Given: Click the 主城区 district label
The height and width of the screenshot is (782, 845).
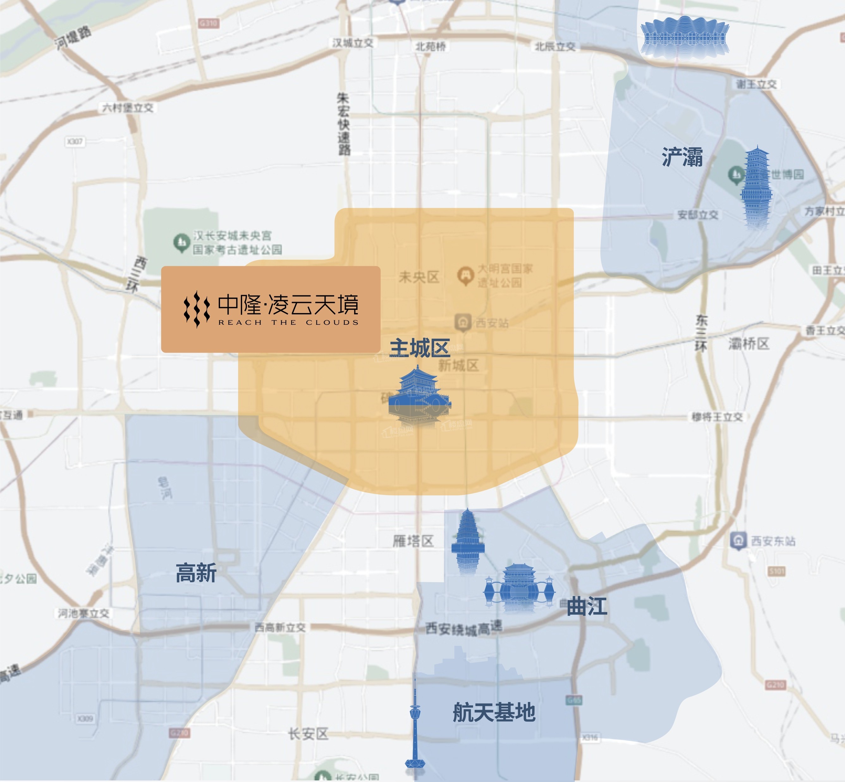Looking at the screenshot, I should (419, 348).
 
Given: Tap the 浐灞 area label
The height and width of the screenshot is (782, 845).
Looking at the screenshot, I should (682, 157).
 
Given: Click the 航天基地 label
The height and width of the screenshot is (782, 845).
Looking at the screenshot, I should (494, 712).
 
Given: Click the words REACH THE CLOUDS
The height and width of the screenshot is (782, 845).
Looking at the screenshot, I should (288, 323).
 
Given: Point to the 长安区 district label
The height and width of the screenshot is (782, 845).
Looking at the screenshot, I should (308, 734).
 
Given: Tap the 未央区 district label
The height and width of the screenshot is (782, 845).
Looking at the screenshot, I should (419, 277).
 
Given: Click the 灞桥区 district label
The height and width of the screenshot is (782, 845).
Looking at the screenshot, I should (748, 344).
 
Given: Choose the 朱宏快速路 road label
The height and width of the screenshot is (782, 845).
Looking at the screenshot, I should (344, 124).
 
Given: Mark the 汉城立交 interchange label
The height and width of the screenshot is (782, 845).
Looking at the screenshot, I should (352, 43).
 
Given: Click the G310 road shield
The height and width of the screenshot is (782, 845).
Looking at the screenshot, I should (208, 23).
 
